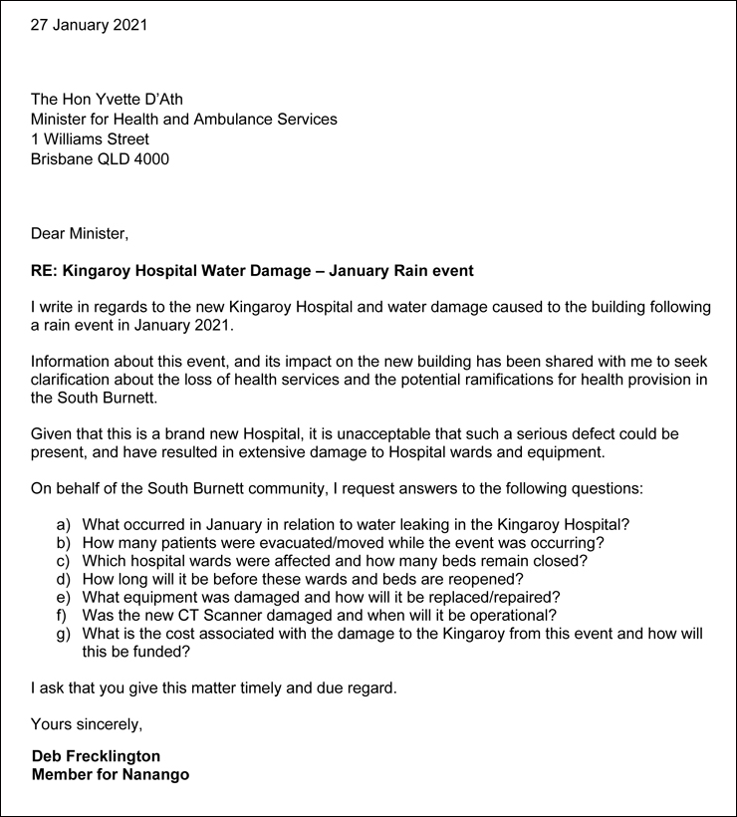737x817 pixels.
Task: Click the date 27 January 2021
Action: (89, 25)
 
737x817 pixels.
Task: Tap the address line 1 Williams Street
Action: (90, 138)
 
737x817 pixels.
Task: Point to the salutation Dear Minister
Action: (80, 234)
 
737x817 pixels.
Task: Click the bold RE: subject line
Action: (252, 270)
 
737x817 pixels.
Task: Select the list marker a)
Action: (64, 524)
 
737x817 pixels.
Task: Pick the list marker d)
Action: (64, 579)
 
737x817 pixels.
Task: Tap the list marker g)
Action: (64, 634)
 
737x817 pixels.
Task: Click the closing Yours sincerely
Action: (87, 723)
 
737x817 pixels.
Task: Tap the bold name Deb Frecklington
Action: (96, 756)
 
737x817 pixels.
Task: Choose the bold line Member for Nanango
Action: (110, 774)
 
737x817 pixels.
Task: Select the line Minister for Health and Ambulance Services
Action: (183, 119)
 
